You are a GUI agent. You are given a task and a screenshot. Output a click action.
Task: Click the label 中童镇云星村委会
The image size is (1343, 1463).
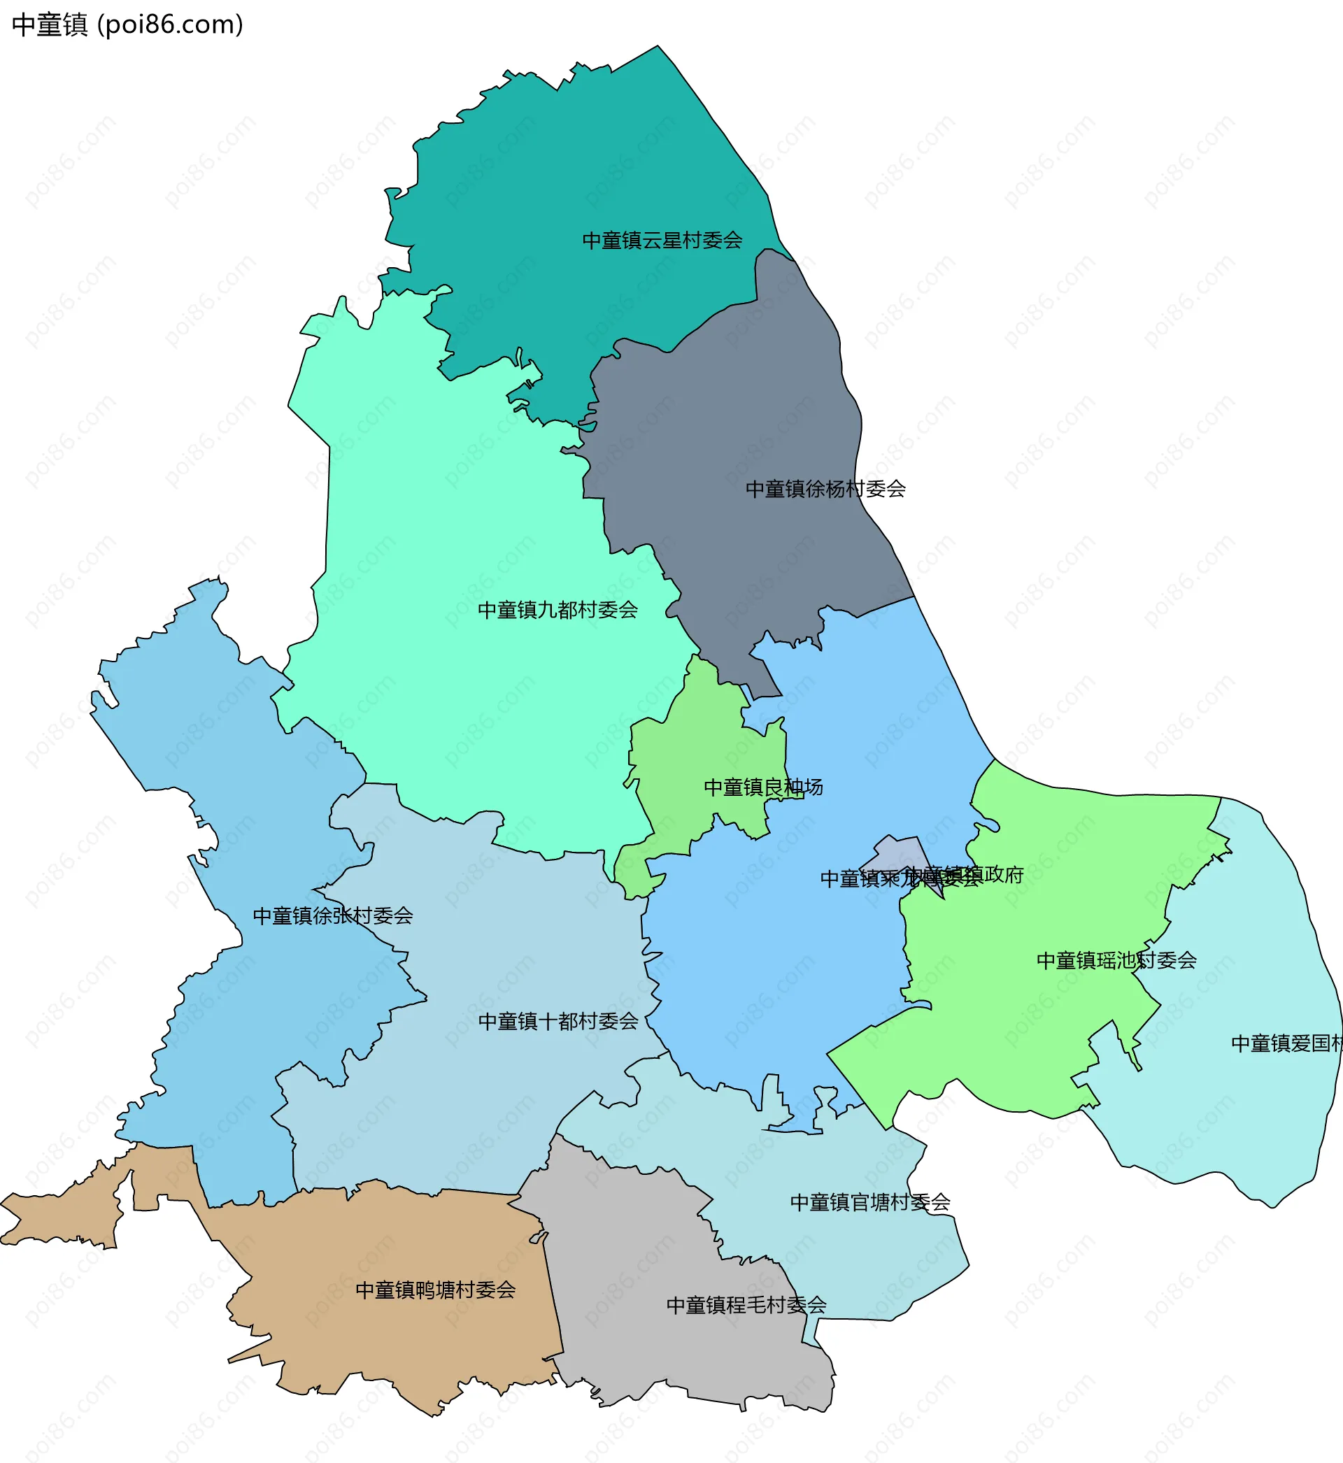(x=662, y=241)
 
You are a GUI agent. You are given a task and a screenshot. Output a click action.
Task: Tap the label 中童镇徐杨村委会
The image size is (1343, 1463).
(x=825, y=489)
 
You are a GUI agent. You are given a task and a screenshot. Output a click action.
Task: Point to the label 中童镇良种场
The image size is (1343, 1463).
(x=763, y=787)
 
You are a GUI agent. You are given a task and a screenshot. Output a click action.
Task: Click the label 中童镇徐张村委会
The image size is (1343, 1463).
(x=333, y=916)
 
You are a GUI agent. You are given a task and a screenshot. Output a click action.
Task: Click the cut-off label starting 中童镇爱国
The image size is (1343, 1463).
(x=1286, y=1044)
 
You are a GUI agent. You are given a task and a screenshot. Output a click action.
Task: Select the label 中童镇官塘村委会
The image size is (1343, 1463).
(x=870, y=1203)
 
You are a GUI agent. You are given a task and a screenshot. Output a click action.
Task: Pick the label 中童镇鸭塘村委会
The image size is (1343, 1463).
(x=435, y=1290)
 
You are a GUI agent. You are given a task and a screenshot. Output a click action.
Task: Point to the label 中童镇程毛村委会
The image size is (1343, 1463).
(x=746, y=1306)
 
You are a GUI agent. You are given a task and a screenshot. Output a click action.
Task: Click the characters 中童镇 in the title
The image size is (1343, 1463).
(x=50, y=24)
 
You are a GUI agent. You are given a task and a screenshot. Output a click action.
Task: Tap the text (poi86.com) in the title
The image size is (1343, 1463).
(x=170, y=24)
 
